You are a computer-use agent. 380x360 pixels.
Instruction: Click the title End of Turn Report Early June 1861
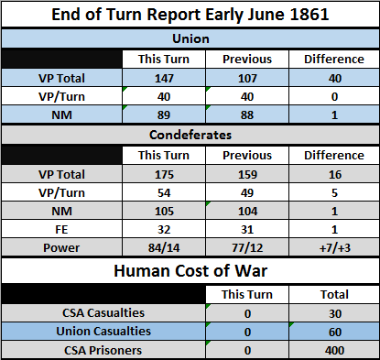pos(190,15)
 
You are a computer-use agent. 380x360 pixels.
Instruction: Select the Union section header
pos(190,38)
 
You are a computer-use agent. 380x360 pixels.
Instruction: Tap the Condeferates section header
pos(190,135)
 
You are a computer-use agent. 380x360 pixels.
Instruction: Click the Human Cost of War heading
pos(190,271)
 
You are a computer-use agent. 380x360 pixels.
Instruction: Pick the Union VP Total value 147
pos(164,79)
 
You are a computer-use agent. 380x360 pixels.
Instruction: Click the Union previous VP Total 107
pos(247,79)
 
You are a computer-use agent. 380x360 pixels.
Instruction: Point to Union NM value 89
pos(164,115)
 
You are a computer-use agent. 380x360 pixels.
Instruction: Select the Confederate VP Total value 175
pos(164,175)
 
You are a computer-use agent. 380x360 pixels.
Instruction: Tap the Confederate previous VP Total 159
pos(247,175)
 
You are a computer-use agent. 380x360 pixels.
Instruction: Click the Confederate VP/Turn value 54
pos(164,193)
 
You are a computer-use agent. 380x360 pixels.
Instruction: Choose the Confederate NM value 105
pos(164,212)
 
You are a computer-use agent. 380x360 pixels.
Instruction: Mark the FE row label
pos(61,230)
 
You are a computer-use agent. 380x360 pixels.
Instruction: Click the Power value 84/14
pos(164,248)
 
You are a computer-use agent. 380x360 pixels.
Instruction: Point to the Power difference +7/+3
pos(335,248)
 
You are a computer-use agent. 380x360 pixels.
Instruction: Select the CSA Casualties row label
pos(103,313)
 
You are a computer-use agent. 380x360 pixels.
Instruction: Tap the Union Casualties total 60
pos(335,332)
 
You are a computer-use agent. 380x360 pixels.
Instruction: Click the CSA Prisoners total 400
pos(335,350)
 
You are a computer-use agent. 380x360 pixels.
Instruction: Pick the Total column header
pos(334,295)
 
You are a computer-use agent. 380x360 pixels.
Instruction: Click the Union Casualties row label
pos(103,332)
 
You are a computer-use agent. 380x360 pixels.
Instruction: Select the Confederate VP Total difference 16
pos(335,175)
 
